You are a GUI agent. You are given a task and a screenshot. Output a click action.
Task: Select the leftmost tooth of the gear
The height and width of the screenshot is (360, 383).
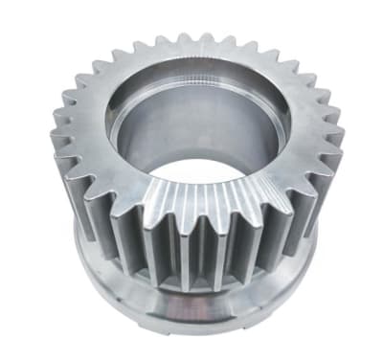click(x=56, y=144)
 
